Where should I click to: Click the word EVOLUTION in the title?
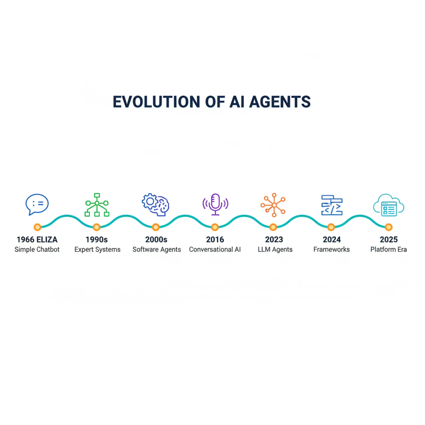(x=156, y=102)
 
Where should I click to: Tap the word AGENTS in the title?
(x=280, y=102)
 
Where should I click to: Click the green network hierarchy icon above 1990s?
(x=97, y=205)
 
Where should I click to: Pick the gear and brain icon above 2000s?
(x=156, y=205)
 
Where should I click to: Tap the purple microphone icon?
(x=215, y=204)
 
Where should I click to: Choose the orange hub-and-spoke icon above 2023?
(x=273, y=205)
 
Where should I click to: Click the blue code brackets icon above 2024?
(x=332, y=205)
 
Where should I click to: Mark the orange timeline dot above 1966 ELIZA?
(x=37, y=227)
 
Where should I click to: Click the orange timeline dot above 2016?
(x=215, y=227)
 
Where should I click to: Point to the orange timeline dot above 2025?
(x=389, y=227)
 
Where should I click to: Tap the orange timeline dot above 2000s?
(x=156, y=227)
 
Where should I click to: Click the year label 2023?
(x=274, y=240)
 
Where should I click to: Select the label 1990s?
(x=97, y=240)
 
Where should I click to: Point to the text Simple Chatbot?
(x=37, y=249)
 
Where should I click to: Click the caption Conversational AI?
(x=215, y=249)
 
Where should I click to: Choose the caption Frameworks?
(x=331, y=249)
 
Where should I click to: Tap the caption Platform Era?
(x=389, y=249)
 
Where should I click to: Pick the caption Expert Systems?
(x=97, y=250)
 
